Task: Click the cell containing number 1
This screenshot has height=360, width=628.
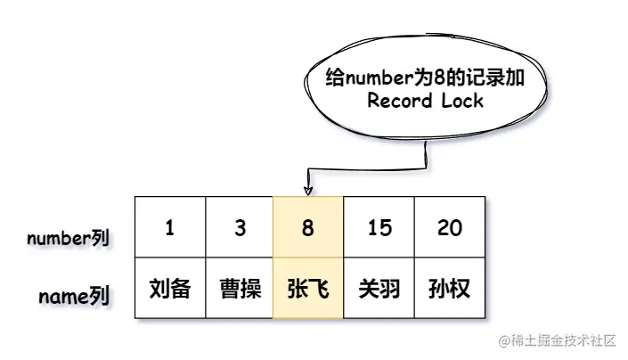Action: (169, 228)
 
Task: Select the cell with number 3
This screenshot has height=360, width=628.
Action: (240, 228)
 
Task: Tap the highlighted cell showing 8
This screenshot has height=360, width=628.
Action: (308, 228)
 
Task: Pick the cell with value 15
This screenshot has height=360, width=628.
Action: (379, 228)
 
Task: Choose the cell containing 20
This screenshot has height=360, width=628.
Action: (450, 228)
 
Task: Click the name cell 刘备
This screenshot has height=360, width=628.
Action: (169, 288)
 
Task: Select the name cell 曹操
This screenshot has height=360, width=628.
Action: (240, 288)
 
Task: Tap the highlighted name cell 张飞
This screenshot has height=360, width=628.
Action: (308, 288)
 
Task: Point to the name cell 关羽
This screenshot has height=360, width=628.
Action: (379, 288)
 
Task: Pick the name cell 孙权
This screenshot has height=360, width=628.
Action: (450, 288)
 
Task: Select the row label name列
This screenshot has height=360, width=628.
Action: (74, 296)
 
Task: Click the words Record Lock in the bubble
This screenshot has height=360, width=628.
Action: (426, 100)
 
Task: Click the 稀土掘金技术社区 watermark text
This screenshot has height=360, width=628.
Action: (562, 341)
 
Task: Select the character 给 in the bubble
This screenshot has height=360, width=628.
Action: (336, 78)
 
